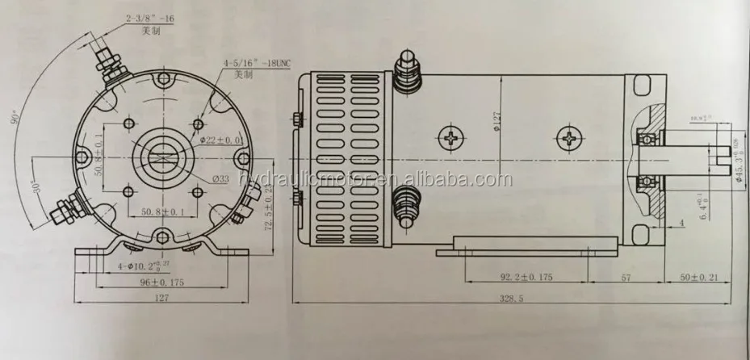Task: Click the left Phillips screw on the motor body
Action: coord(449,138)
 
